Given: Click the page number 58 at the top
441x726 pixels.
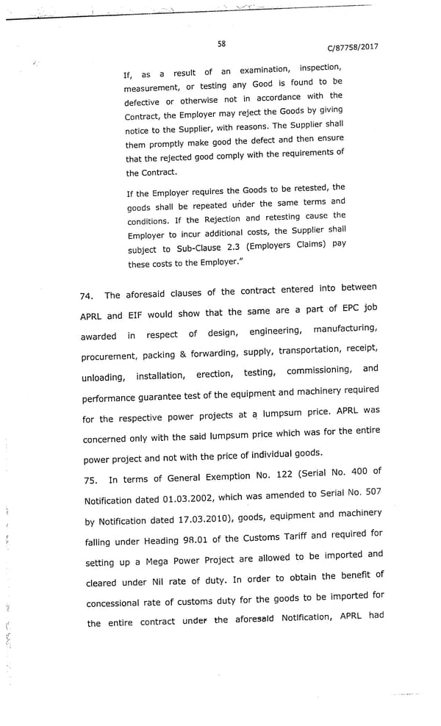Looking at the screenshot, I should [x=221, y=43].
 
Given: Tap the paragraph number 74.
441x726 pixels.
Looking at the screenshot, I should [x=87, y=296].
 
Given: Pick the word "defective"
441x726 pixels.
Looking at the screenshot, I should [x=143, y=101].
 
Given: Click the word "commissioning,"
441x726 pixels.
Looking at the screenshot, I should [x=318, y=370].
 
